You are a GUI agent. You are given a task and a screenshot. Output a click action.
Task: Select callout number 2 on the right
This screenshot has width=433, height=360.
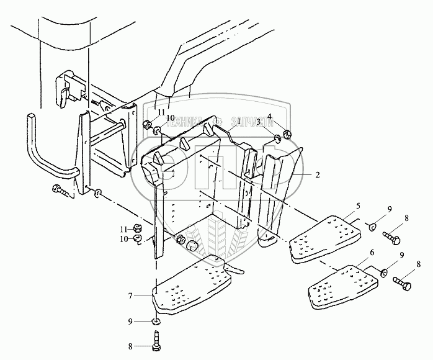[317, 176]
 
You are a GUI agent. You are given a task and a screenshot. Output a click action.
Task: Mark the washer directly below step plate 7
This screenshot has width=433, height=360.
[156, 322]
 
